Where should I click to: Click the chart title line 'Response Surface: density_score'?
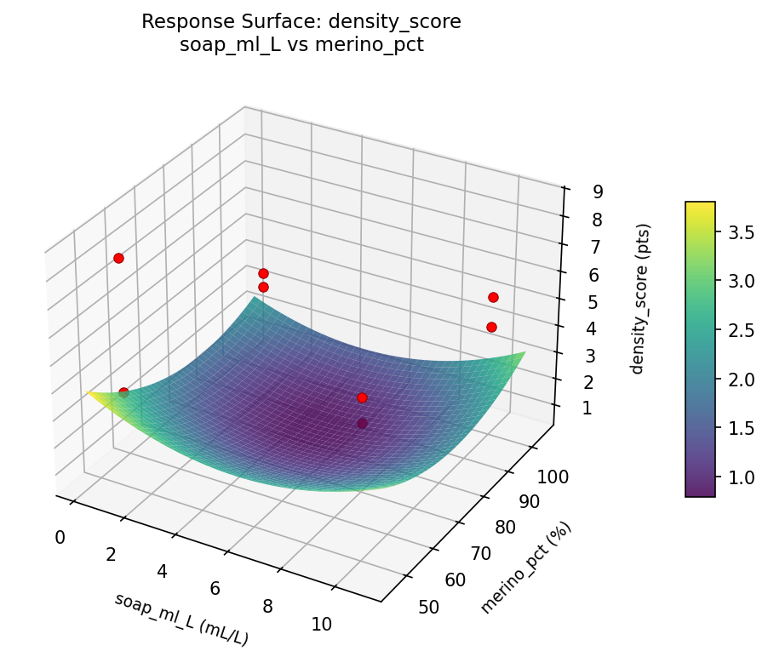301,22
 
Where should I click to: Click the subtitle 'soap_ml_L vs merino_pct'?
301,45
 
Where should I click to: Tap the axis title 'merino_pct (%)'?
525,567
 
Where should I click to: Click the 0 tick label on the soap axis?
60,537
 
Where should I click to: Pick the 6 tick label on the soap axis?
215,588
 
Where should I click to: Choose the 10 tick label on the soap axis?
321,624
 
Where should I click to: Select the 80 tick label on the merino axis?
504,528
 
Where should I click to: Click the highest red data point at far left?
118,258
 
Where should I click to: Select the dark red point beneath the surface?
363,423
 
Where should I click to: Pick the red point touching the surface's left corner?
123,392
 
